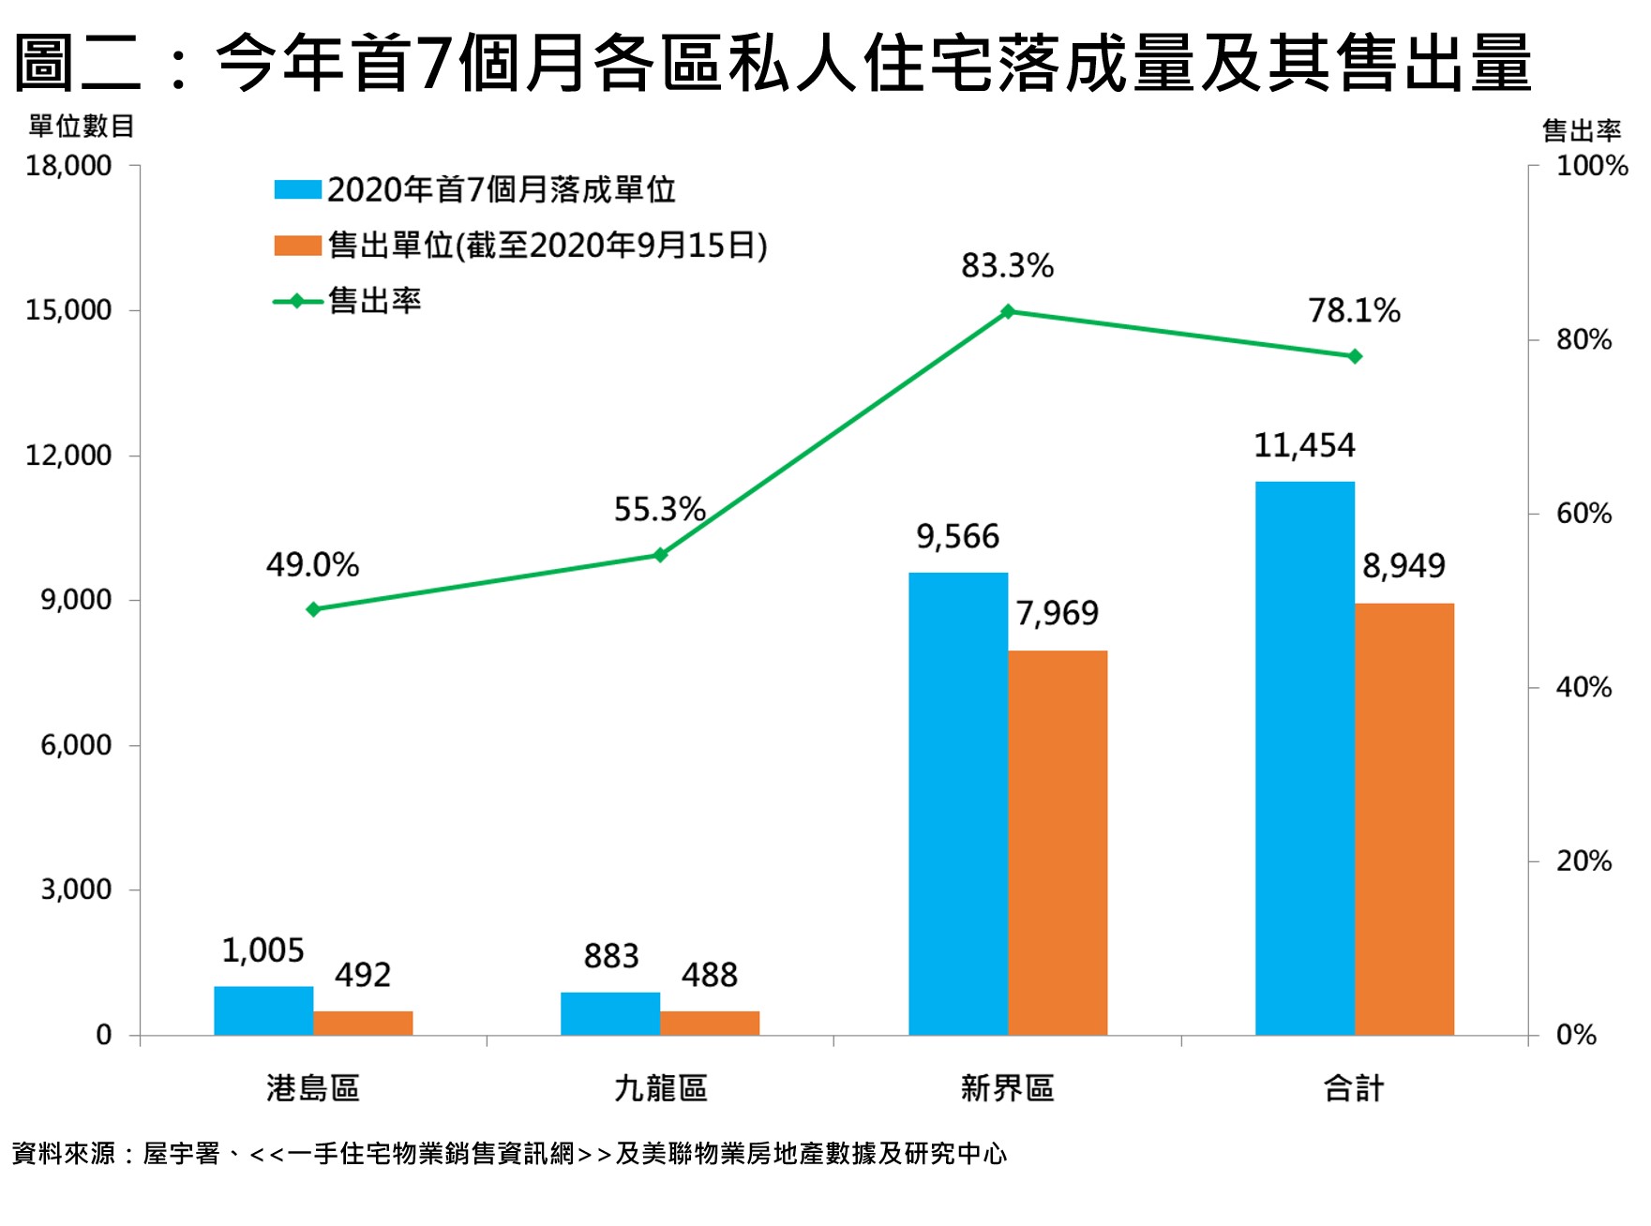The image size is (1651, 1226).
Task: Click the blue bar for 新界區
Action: coord(957,803)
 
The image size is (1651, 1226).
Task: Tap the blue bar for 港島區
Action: coord(263,1010)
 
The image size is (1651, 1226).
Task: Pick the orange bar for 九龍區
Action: coord(710,1023)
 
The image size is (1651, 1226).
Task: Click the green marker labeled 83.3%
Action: coord(1008,311)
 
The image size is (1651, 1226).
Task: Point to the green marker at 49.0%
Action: coord(313,609)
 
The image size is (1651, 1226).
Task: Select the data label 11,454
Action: coord(1304,445)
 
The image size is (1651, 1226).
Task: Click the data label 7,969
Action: coord(1057,613)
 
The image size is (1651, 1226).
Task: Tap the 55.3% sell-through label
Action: coord(659,509)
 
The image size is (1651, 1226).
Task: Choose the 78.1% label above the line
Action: coord(1354,310)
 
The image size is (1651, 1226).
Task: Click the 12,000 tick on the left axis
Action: coord(68,456)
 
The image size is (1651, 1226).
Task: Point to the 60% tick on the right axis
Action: coord(1583,514)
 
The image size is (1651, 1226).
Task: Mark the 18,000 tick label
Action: coord(68,166)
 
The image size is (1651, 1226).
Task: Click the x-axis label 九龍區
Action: coord(660,1088)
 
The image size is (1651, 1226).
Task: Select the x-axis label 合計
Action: coord(1354,1088)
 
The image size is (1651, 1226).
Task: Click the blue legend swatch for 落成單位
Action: coord(297,189)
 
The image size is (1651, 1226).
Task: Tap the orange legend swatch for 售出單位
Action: coord(297,246)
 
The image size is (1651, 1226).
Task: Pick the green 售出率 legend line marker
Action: coord(297,301)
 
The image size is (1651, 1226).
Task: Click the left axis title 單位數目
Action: coord(82,126)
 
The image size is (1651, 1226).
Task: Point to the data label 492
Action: coord(363,975)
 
